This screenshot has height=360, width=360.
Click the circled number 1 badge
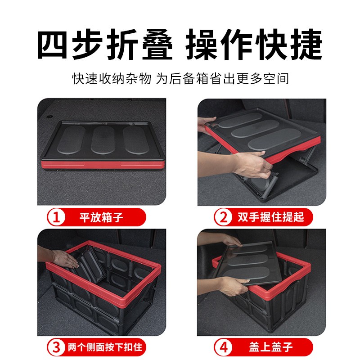pos(56,217)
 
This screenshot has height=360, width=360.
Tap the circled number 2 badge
pos(223,217)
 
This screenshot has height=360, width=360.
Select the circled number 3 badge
pos(56,347)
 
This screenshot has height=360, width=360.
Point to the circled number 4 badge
pos(223,347)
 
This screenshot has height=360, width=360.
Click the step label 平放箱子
pos(101,217)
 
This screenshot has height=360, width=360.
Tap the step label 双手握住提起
pos(271,217)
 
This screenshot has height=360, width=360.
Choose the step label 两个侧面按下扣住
pos(105,347)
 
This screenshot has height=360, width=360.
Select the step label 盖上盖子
pos(271,347)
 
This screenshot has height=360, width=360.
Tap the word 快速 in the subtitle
pos(85,79)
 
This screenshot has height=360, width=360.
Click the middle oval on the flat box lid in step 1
pos(103,140)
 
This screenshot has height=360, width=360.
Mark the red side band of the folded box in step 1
pos(103,165)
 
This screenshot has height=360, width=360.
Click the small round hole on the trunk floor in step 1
pos(49,117)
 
